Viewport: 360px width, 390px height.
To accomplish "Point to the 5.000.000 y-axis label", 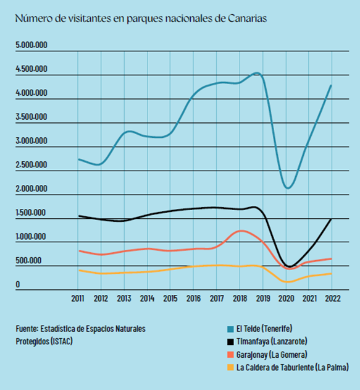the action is (31, 45).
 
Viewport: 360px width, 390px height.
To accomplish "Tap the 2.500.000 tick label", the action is (31, 164).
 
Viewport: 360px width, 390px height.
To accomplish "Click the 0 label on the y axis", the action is (18, 284).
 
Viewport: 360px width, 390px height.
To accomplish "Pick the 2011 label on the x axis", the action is (78, 299).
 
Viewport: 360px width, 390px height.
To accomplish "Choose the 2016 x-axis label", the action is (193, 299).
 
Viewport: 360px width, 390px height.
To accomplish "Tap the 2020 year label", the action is (287, 299).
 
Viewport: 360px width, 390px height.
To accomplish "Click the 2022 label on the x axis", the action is (333, 299).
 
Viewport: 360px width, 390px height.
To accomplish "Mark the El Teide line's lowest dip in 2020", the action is (288, 188).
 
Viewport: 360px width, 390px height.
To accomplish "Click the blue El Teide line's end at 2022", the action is (331, 85).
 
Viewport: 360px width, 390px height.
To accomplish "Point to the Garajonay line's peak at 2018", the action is (240, 231).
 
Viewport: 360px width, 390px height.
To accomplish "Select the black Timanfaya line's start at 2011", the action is (79, 216).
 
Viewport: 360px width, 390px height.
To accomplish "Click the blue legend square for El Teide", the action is (230, 329).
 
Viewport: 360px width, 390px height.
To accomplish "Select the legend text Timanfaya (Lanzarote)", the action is (272, 341).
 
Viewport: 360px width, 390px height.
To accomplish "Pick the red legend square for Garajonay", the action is (230, 355).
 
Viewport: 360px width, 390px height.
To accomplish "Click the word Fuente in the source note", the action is (27, 329).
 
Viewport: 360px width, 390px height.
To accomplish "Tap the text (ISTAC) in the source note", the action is (62, 341).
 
